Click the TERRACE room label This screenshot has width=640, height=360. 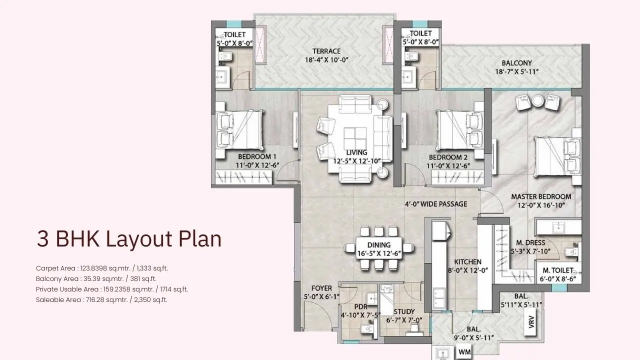[x=326, y=51]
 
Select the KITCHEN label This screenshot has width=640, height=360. [x=467, y=261]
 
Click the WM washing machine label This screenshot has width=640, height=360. [x=464, y=352]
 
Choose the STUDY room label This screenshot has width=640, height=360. [x=404, y=311]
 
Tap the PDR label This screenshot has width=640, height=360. [x=361, y=306]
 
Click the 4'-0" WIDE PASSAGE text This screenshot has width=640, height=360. [x=436, y=204]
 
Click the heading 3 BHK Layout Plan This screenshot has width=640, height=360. [x=129, y=239]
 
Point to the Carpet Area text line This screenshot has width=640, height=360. [x=105, y=268]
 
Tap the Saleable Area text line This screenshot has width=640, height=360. [x=101, y=300]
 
